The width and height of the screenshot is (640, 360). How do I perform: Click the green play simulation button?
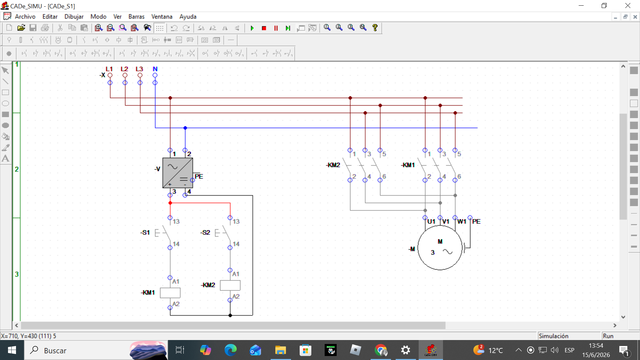coord(252,28)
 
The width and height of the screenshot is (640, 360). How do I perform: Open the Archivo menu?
coord(25,17)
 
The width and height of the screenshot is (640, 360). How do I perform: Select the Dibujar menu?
coord(74,17)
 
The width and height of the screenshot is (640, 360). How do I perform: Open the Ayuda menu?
coord(188,17)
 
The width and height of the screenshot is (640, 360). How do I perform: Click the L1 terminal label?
coord(109,69)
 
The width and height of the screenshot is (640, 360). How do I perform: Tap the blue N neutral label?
coord(155,69)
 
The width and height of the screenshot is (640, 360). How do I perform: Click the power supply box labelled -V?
coord(178,173)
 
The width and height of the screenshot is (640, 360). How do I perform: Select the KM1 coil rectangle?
coord(170,293)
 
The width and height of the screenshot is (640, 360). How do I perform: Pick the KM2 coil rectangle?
coord(230,286)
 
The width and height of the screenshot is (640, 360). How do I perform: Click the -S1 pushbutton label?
coord(145,232)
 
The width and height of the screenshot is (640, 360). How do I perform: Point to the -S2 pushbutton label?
coord(205,232)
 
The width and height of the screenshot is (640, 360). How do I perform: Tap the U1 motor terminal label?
coord(431,221)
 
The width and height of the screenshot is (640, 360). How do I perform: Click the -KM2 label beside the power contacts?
coord(333,165)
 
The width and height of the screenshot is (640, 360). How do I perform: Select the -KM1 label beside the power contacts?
coord(408,165)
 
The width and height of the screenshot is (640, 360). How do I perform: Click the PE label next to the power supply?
coord(199,176)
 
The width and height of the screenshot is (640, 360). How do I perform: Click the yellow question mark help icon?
coord(375,28)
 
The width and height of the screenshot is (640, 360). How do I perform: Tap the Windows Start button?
coord(12,350)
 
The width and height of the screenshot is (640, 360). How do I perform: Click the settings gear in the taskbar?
coord(405,350)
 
